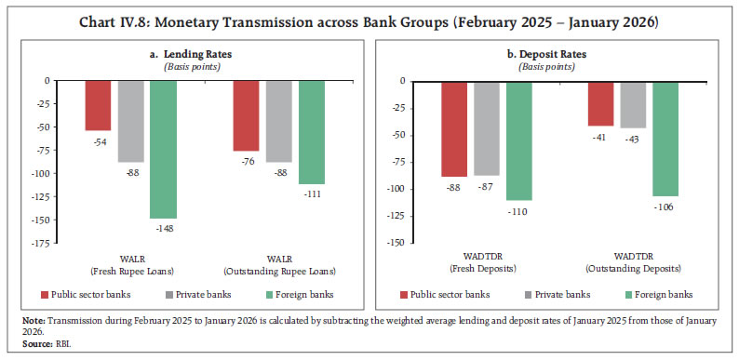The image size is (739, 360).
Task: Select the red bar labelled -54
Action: click(98, 105)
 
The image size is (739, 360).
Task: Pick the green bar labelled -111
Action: click(311, 131)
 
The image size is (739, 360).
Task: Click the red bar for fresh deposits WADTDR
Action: click(454, 128)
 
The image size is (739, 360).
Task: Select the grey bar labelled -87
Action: click(487, 127)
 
